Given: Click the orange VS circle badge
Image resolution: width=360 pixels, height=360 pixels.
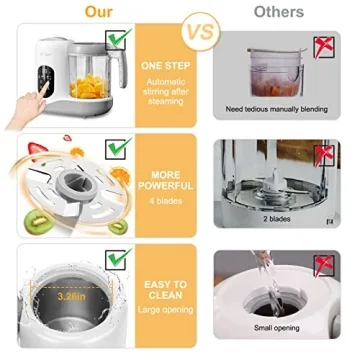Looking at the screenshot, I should coord(203,30).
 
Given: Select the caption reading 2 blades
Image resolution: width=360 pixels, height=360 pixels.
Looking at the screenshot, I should coord(278,217).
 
